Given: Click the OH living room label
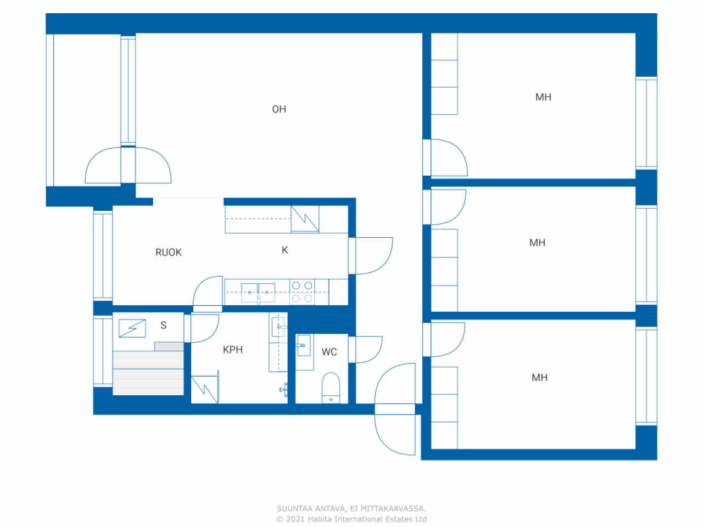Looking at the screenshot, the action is point(279,109).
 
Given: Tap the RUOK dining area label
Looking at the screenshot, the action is point(169,253).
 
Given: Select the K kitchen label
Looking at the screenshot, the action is point(284,250).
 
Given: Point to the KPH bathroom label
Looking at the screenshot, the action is point(233,350).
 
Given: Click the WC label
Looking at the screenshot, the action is point(329,352).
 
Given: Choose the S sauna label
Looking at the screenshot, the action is point(163,325).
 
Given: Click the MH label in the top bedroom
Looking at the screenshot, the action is point(543,97).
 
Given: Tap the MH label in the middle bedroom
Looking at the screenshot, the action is point(537,243).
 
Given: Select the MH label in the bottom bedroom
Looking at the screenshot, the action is point(539,378).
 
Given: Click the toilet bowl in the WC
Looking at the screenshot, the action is point(331,388).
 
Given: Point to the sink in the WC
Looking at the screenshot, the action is point(303,345).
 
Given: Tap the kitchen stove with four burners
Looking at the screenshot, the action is point(302,292).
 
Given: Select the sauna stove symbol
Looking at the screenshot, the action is point(132,328).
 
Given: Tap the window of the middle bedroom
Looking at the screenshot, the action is point(646,255).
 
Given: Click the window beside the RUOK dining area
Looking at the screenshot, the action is point(103,256).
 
